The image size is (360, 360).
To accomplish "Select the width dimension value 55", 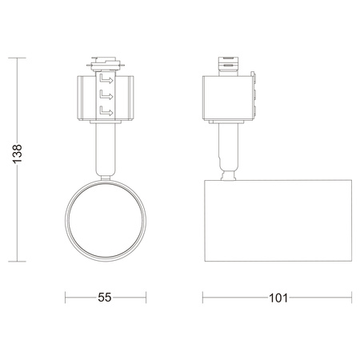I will pos(105,297).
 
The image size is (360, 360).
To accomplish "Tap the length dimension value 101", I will pos(278,297).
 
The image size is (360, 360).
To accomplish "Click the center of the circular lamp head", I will pos(104,219).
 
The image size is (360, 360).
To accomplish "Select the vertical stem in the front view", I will pos(104,148).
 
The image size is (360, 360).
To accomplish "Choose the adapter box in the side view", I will pos(230,98).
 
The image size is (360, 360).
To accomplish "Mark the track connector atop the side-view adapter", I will pos(230,64).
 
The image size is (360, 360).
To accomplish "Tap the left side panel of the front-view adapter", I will pos(86,98).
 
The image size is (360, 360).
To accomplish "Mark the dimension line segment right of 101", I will pos(320,297).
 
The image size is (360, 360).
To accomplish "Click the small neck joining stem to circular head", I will pos(104,175).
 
